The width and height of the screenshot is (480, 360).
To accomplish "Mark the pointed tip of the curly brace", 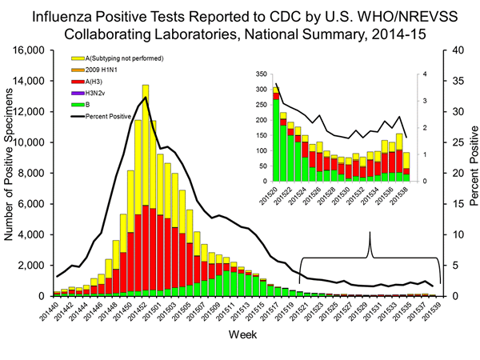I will click(370, 233).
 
